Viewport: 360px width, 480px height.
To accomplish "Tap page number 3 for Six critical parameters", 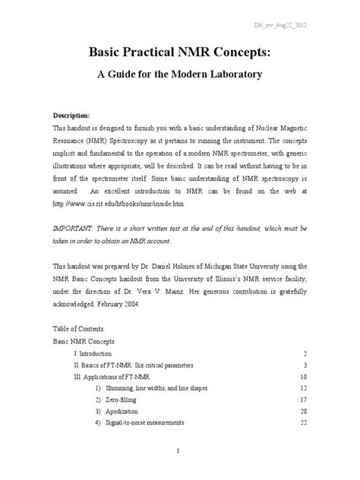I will pyautogui.click(x=303, y=365).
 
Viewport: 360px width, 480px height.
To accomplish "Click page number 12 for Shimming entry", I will pyautogui.click(x=302, y=389).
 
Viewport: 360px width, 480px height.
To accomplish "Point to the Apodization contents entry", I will pyautogui.click(x=125, y=412).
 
